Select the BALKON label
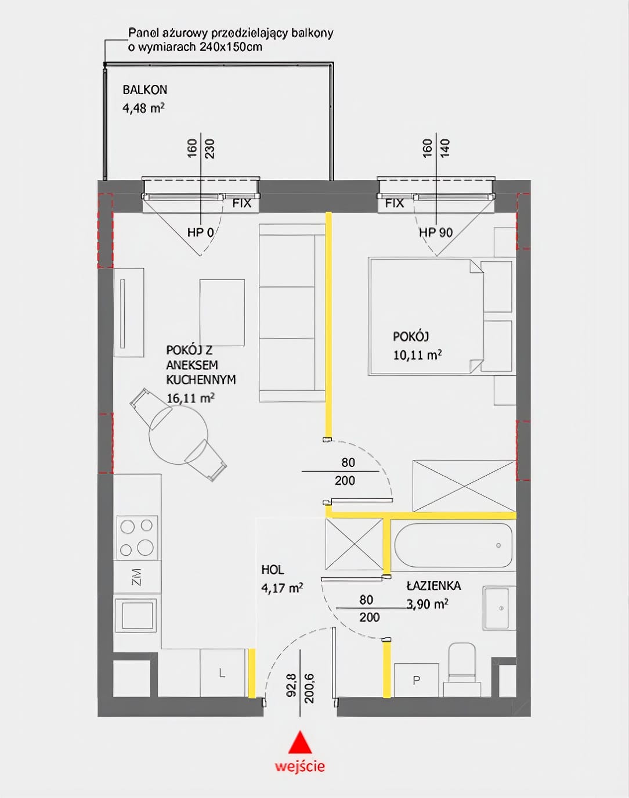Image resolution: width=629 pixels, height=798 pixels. [145, 90]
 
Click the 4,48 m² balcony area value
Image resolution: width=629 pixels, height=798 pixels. [143, 108]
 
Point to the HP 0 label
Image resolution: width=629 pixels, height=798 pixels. [200, 232]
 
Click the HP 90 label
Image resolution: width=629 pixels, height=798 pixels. [436, 232]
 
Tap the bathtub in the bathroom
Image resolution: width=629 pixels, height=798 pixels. [453, 545]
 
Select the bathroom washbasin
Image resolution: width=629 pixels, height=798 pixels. [499, 608]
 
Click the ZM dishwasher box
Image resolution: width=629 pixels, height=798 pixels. [137, 577]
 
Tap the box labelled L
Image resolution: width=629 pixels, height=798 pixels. [222, 673]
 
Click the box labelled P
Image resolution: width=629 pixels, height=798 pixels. [416, 680]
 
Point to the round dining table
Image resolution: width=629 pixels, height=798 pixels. [178, 435]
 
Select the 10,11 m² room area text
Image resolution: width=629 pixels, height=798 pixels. [417, 355]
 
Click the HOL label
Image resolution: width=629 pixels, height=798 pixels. [273, 569]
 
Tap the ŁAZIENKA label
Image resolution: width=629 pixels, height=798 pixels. [434, 585]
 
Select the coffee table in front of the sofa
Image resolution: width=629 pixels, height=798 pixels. [222, 312]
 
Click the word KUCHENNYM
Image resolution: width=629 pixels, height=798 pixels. [201, 380]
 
